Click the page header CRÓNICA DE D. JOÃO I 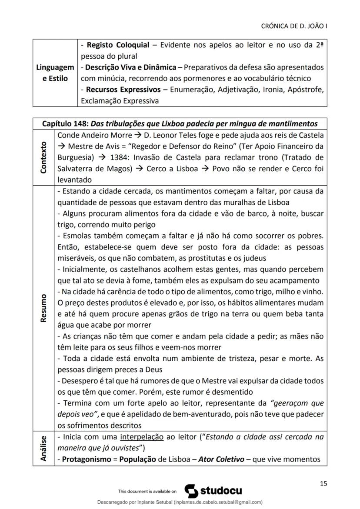294,26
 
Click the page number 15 323,483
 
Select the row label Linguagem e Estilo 55,73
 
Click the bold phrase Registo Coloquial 118,45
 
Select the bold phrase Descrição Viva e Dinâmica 130,67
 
